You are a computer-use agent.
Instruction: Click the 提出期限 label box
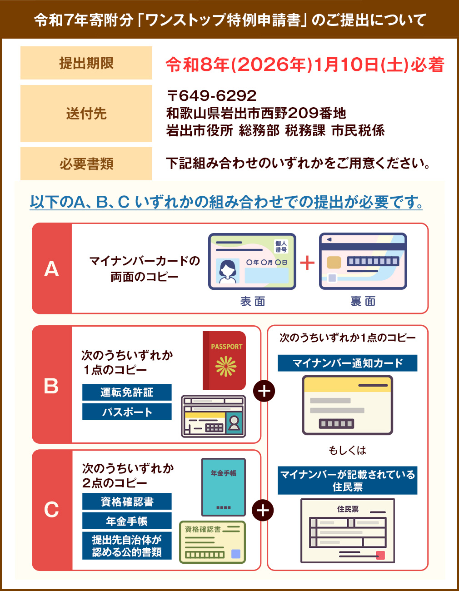click(86, 63)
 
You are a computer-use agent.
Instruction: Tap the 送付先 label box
click(86, 113)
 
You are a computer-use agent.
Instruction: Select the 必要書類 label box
click(86, 164)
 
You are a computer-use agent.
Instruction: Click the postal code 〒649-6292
click(212, 95)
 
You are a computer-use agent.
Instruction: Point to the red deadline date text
click(305, 65)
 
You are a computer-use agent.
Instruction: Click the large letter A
click(51, 269)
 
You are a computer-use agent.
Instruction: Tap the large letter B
click(51, 386)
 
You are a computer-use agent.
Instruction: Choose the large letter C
click(51, 509)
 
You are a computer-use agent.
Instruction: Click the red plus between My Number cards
click(307, 263)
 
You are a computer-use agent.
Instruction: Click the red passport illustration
click(224, 361)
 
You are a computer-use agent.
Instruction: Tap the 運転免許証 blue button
click(127, 392)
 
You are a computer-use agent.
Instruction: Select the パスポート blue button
click(127, 412)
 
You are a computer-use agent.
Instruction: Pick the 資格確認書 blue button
click(127, 501)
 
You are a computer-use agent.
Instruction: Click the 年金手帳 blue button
click(127, 521)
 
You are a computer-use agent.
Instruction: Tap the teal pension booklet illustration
click(224, 487)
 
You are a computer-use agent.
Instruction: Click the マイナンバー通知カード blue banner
click(348, 363)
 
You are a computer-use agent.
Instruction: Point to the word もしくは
click(348, 450)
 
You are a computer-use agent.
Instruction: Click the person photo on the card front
click(228, 271)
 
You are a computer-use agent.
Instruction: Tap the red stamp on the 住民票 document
click(381, 556)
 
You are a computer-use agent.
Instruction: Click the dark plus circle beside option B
click(264, 391)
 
